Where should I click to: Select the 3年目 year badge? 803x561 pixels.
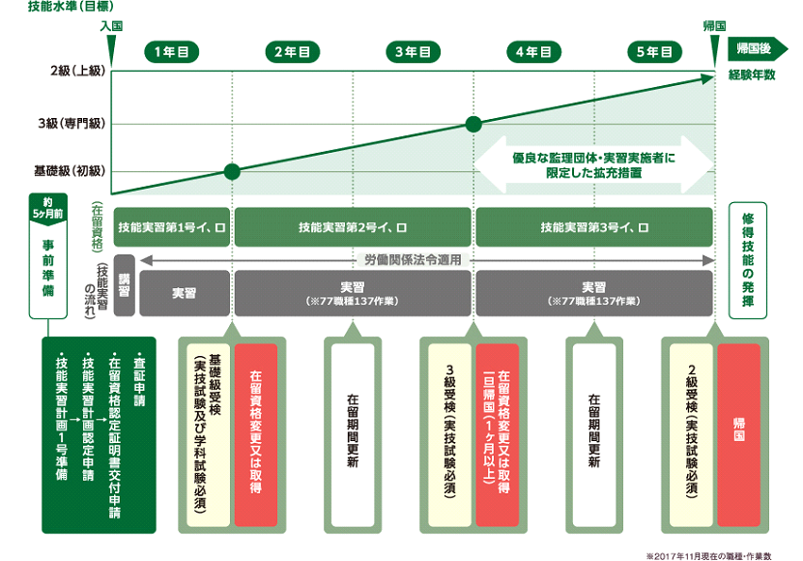click(x=415, y=51)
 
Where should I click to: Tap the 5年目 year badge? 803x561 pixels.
click(x=654, y=51)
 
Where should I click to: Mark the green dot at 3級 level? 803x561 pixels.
click(x=473, y=124)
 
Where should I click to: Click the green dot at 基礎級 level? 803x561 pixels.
click(x=232, y=171)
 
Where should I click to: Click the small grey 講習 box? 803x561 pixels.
click(x=124, y=286)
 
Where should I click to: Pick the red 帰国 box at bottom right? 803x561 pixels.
click(x=738, y=424)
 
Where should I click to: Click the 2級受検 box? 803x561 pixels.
click(x=693, y=424)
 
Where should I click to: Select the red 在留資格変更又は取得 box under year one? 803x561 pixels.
click(x=256, y=424)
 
